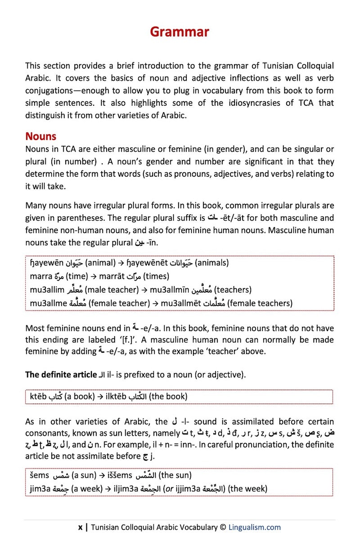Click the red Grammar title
(x=180, y=32)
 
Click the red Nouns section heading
(x=40, y=136)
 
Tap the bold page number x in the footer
(x=80, y=527)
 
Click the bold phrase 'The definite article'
(x=61, y=374)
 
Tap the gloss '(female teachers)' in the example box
(x=260, y=303)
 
